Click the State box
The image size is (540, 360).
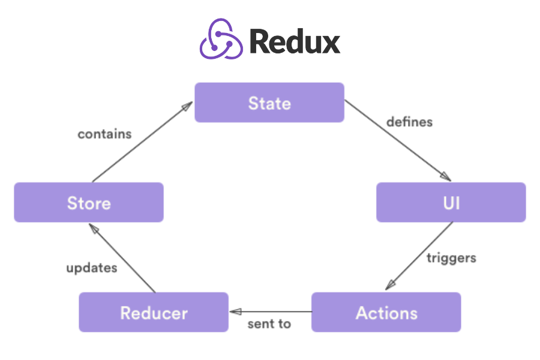pyautogui.click(x=269, y=103)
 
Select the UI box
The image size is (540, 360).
pyautogui.click(x=451, y=202)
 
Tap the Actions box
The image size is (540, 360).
pyautogui.click(x=386, y=312)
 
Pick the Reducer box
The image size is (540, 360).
pyautogui.click(x=154, y=312)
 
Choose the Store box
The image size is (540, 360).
pyautogui.click(x=89, y=202)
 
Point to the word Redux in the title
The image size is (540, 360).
pyautogui.click(x=295, y=41)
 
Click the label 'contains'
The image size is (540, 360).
pyautogui.click(x=104, y=134)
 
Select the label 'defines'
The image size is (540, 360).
pyautogui.click(x=409, y=122)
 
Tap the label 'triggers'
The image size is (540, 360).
pyautogui.click(x=451, y=258)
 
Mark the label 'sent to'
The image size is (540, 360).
pyautogui.click(x=269, y=324)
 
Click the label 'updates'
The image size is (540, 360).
pyautogui.click(x=91, y=268)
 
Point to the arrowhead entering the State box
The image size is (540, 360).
pyautogui.click(x=187, y=107)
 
